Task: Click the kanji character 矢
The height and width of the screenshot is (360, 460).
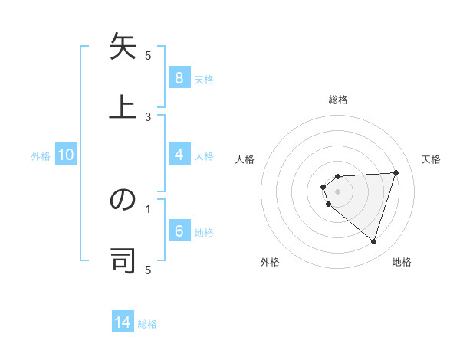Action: (x=123, y=48)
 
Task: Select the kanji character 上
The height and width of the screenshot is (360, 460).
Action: (x=123, y=105)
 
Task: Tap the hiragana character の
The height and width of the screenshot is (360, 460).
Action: (x=123, y=201)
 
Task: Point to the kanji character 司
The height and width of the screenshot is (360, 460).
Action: (x=123, y=259)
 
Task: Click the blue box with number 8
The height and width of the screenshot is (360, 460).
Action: (x=179, y=77)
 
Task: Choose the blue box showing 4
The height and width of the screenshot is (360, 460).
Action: (x=179, y=155)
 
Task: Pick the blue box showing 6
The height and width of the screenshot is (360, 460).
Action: (x=179, y=231)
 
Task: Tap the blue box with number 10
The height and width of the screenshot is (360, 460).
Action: (x=66, y=155)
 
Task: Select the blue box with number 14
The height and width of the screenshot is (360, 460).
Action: (x=123, y=322)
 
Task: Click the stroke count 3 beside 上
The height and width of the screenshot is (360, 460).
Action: (x=148, y=116)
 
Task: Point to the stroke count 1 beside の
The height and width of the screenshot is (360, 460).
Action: (x=148, y=208)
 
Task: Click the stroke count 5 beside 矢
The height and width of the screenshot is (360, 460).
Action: (x=148, y=55)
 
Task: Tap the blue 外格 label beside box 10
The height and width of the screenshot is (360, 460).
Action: (x=41, y=155)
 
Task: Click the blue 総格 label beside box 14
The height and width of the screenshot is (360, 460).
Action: (x=147, y=323)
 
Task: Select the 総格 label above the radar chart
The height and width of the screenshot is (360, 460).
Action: (x=338, y=100)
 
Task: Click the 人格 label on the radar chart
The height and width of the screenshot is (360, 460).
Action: (x=245, y=159)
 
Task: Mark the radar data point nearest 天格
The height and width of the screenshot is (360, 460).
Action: (x=396, y=172)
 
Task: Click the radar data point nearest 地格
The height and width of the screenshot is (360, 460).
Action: (x=373, y=242)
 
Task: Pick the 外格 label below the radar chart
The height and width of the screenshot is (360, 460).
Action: (x=270, y=262)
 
